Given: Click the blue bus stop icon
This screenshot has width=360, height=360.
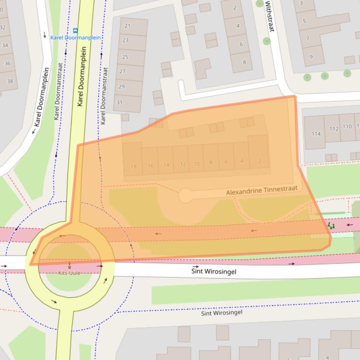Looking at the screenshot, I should [75, 30].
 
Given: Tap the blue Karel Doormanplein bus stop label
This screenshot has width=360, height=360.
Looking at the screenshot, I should [75, 38].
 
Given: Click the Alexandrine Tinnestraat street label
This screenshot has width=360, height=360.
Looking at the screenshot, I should [261, 191].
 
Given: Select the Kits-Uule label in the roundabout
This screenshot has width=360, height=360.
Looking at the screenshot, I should [70, 273].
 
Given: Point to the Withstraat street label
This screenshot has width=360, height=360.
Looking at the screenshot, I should [269, 16].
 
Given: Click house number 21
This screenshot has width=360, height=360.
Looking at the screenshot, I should [127, 26].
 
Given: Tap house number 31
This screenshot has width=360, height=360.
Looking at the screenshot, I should [120, 102].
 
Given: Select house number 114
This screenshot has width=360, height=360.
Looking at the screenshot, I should [316, 134].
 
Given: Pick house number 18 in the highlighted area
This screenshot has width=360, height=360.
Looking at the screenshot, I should [134, 166].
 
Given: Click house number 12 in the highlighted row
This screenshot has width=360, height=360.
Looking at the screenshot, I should [183, 164].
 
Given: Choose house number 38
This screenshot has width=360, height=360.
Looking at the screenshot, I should [10, 81].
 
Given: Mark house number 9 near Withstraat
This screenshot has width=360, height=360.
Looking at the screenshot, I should [310, 57].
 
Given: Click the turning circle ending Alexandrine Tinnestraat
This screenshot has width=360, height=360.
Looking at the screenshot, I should [185, 195].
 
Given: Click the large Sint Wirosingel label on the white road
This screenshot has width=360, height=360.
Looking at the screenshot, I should [213, 271].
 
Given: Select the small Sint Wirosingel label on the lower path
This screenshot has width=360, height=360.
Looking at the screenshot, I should [222, 313].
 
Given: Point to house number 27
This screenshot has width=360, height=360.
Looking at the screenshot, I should [122, 72].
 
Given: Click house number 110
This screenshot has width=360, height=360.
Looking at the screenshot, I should [347, 126].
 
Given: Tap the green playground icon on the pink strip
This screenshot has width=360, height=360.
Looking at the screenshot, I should [331, 226].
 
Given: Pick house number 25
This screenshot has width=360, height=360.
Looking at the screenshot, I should [125, 57].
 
